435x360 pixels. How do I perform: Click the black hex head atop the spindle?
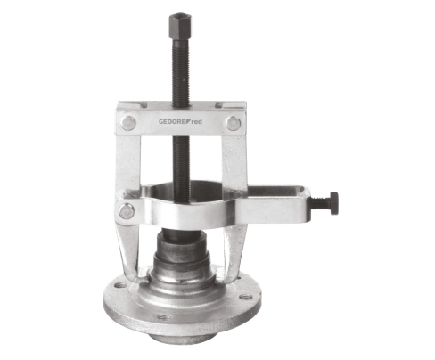tap(180, 27)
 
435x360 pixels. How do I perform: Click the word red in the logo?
tap(196, 121)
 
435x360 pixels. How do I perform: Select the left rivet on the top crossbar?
tap(128, 123)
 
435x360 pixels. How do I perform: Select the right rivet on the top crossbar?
tap(234, 123)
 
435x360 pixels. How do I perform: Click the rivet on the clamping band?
tap(127, 210)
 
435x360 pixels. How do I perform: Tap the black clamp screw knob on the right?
tap(333, 203)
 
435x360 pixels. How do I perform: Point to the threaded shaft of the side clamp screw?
tap(320, 204)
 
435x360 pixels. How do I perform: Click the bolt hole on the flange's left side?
tap(120, 285)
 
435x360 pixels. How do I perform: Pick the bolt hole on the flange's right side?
tap(246, 297)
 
